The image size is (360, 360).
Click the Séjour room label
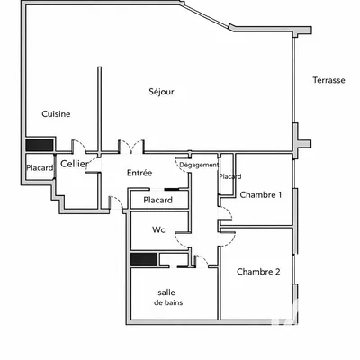tap(161, 92)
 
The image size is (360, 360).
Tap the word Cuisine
tap(56, 114)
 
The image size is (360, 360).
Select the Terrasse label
tap(328, 80)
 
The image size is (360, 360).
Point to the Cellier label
tap(74, 165)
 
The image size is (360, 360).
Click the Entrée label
tap(139, 173)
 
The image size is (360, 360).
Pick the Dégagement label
tap(198, 166)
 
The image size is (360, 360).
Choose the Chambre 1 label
tap(260, 195)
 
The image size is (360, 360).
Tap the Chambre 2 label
tap(258, 271)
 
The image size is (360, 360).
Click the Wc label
tap(158, 230)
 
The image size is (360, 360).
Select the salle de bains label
tap(166, 297)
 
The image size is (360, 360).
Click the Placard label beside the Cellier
tap(40, 168)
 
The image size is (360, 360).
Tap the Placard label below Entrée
tap(158, 200)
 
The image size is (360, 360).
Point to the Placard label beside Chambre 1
tap(229, 176)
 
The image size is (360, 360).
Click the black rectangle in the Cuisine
tap(40, 145)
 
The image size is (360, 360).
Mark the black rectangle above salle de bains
tap(144, 260)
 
